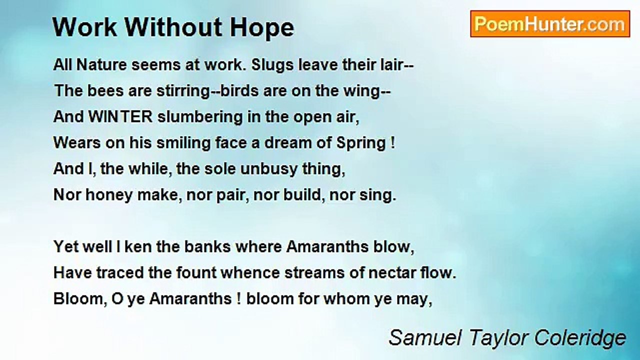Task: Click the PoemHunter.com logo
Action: pos(550,24)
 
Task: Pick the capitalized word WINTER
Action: pos(121,117)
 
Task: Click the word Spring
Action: pos(360,143)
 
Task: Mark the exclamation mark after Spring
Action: pos(392,143)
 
